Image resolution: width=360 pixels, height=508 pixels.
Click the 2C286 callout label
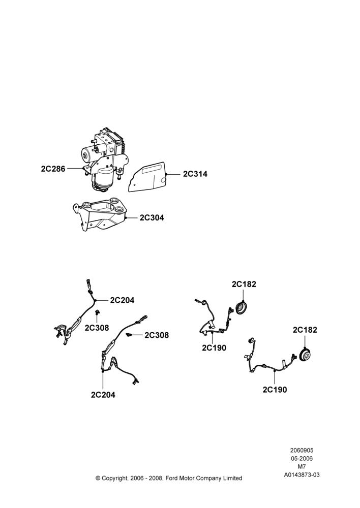[x=53, y=169]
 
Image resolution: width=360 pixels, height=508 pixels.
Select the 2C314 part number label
[x=195, y=174]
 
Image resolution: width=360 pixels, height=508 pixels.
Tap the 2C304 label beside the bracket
[x=152, y=218]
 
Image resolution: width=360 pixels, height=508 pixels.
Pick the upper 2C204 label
[x=122, y=300]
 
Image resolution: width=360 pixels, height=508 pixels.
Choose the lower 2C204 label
[x=103, y=395]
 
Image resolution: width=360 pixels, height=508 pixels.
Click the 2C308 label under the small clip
[x=97, y=328]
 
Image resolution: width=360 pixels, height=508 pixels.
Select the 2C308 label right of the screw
[x=157, y=335]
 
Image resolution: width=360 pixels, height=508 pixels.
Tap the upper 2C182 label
[x=244, y=284]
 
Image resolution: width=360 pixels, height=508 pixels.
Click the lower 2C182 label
[x=305, y=330]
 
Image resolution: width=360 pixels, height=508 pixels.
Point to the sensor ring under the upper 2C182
[x=242, y=308]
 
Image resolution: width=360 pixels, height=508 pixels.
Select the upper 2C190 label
[x=214, y=348]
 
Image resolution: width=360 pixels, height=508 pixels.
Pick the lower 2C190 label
[x=275, y=390]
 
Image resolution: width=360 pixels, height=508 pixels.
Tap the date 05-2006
[x=302, y=458]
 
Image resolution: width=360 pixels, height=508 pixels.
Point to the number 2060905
[x=302, y=450]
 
